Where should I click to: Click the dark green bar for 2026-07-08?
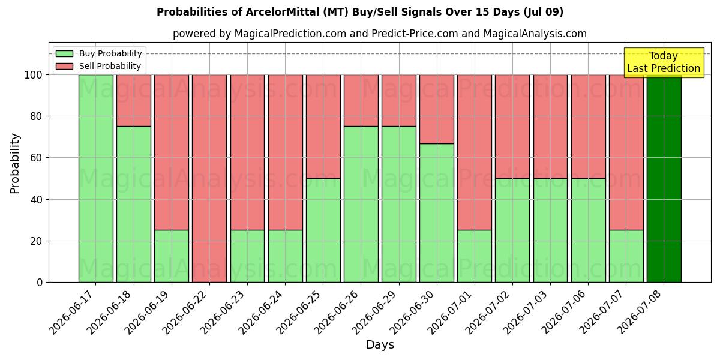pos(664,178)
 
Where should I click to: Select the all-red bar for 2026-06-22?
pos(209,178)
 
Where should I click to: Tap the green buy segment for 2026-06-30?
pos(437,213)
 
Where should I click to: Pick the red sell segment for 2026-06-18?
pos(134,100)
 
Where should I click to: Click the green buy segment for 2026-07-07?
pos(626,256)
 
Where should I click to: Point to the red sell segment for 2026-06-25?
pos(323,127)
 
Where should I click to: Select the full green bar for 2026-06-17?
pos(96,178)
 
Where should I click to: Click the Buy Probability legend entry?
pos(98,53)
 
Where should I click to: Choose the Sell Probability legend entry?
pos(98,66)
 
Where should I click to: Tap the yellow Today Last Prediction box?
pos(664,62)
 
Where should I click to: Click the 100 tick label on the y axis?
pos(34,75)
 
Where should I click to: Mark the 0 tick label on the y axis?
pos(40,283)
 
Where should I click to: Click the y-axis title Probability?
pos(15,164)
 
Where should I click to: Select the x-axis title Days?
pos(380,345)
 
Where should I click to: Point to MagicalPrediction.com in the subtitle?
pos(290,34)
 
